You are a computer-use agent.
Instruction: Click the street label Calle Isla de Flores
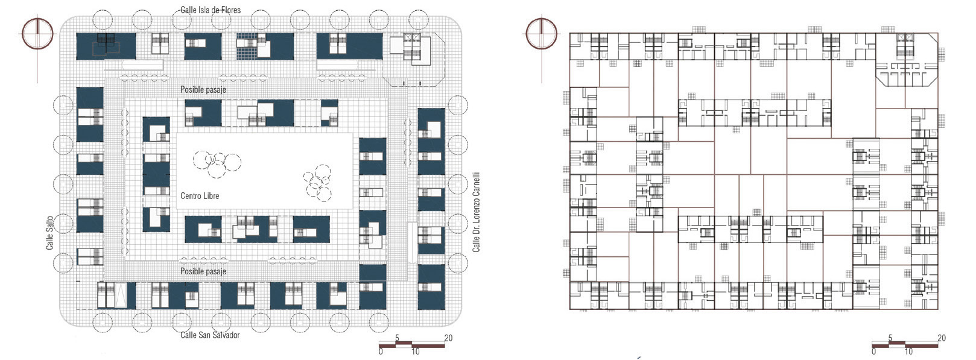click(211, 10)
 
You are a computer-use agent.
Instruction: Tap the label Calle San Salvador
click(210, 335)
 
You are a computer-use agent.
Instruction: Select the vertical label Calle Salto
click(50, 232)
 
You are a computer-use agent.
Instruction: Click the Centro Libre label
click(200, 196)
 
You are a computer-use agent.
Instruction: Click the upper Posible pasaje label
click(203, 89)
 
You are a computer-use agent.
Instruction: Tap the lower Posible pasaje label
click(203, 271)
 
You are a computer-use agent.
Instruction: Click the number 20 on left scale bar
click(448, 338)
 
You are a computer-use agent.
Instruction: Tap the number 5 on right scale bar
click(890, 338)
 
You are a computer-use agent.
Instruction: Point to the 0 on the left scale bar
click(380, 352)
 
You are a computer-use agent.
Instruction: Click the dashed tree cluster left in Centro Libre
click(216, 163)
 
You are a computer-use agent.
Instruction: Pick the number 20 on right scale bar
click(941, 338)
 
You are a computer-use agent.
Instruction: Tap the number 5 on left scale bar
click(397, 338)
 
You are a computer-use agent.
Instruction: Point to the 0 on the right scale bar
click(873, 352)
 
